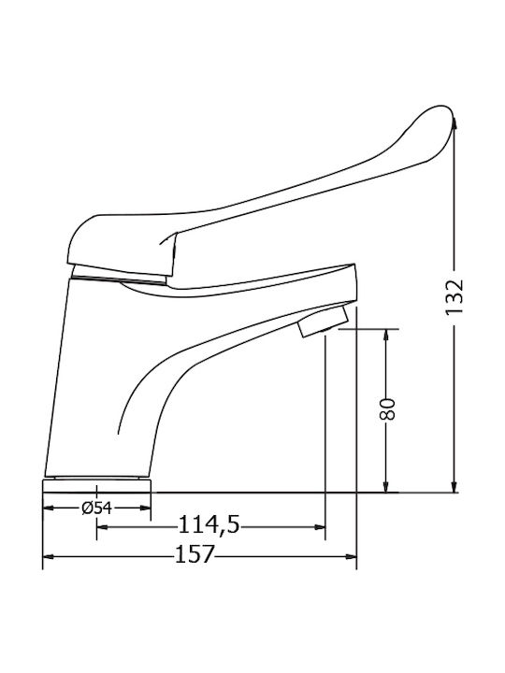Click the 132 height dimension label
pos(454,296)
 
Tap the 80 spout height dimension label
pos(387,409)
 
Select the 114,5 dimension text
pos(209,524)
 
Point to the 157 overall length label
pos(195,554)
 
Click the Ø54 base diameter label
pos(96,508)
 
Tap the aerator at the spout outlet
pos(323,321)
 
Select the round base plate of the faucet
pos(97,486)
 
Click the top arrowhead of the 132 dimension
pos(454,123)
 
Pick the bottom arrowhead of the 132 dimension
pos(454,486)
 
